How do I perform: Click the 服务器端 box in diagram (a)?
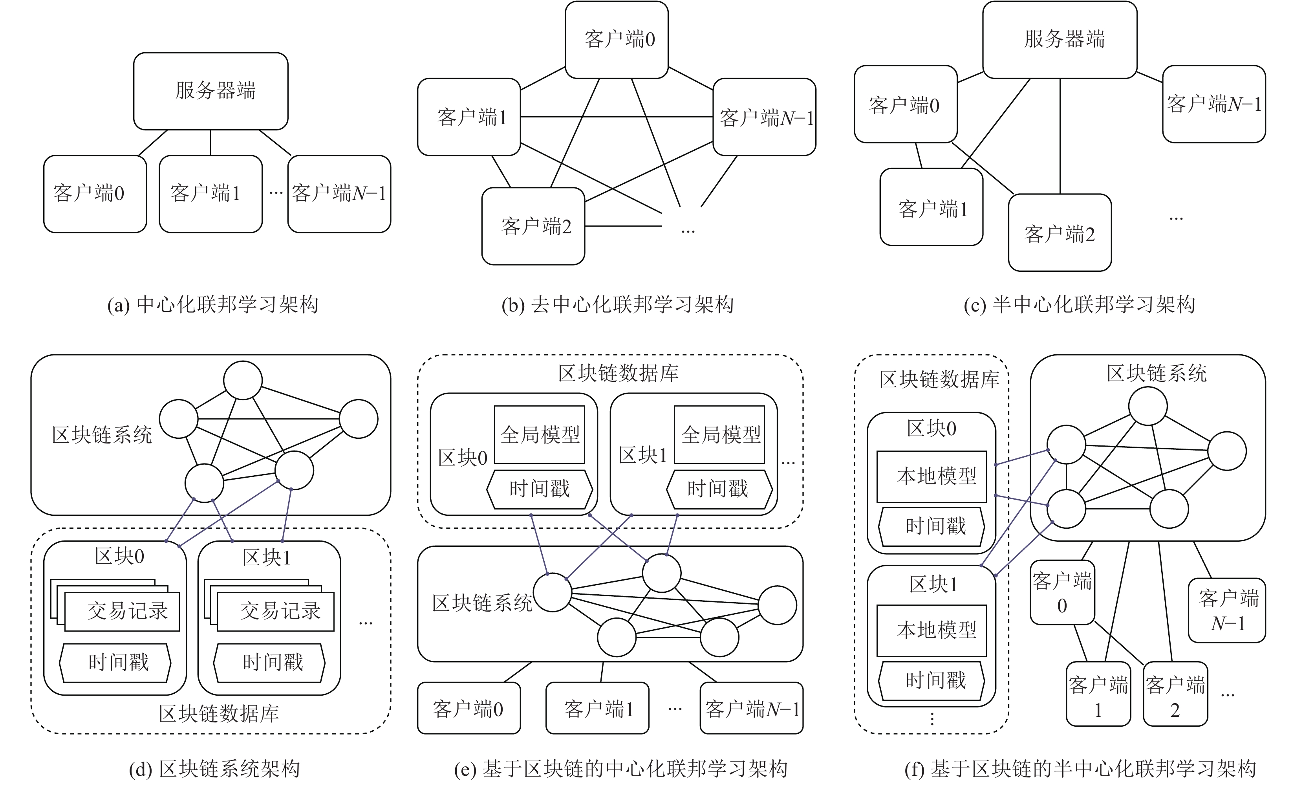coord(211,91)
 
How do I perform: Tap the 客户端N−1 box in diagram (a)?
coord(339,194)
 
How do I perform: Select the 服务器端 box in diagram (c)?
coord(1060,40)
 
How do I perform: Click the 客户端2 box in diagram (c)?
coord(1060,233)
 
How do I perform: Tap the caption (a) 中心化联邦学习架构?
coord(213,304)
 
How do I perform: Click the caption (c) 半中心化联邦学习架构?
coord(1079,304)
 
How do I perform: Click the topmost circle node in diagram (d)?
coord(242,380)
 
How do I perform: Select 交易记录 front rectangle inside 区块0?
coord(122,611)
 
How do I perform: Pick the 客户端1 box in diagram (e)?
coord(597,708)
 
